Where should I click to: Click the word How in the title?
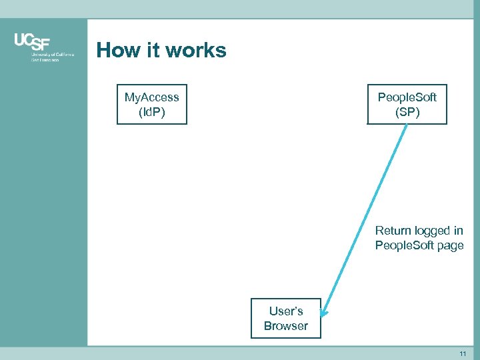117,51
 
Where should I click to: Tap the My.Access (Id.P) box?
152,105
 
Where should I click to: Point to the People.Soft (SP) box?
407,105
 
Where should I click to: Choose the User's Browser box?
285,318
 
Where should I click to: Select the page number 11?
463,352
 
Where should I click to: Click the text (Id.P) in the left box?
152,113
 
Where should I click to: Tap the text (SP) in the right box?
407,113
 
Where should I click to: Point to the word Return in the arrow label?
393,231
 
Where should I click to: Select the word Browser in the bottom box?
286,326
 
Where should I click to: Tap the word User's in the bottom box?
286,311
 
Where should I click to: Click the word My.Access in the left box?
152,97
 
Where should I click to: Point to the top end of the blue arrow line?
405,127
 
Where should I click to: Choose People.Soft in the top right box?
407,97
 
